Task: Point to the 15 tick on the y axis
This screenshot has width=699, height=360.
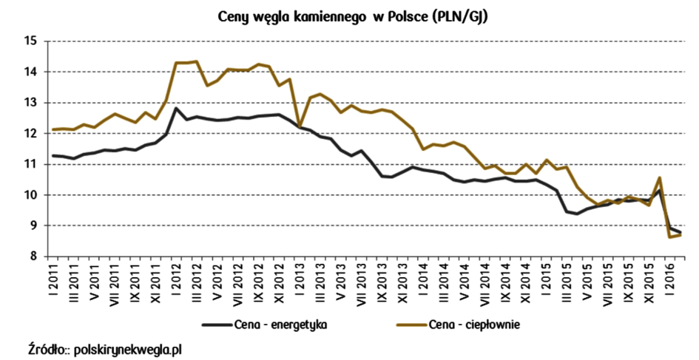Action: tap(30, 41)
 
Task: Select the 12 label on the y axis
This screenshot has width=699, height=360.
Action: tap(30, 134)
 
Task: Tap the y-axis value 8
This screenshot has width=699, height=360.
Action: tap(33, 257)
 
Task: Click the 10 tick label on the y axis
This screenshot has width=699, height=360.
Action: tap(30, 195)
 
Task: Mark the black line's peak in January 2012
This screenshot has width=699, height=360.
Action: tap(175, 109)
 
